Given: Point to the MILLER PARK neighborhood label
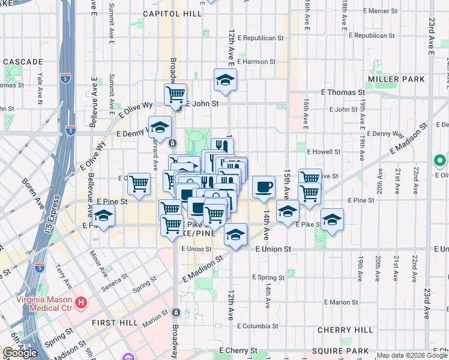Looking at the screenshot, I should pos(397,79).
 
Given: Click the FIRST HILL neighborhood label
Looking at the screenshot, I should pos(115,322).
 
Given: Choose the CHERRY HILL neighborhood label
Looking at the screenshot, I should pos(345,330).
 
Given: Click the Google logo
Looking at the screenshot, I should pos(20,352).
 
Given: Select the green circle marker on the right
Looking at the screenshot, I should pos(439,161).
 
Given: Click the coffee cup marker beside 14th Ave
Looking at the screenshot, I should pos(264,188).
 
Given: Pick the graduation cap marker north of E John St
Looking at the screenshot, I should pos(225,80).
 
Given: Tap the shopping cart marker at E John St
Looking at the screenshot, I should pos(175,95).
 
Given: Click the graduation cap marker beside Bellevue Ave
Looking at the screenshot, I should pos(103,217).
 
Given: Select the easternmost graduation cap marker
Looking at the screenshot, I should pos(332,220).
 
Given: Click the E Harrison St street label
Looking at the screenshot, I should pos(256,61).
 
